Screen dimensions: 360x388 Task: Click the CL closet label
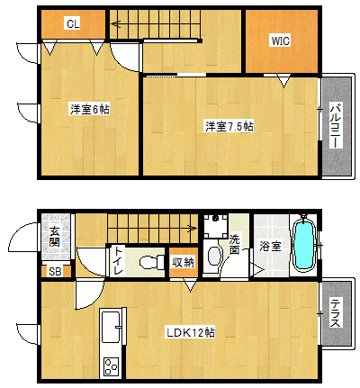coord(73,23)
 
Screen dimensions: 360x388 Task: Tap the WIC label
coord(281,41)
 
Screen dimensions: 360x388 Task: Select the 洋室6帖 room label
coord(90,109)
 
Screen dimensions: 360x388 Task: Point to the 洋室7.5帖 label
coord(229,126)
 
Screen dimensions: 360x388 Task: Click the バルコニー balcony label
coord(337,126)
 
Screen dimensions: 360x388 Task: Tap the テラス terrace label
coord(336,313)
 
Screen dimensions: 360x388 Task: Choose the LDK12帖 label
coord(191,332)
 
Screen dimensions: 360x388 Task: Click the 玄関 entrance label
coord(55,237)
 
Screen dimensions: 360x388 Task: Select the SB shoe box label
coord(55,272)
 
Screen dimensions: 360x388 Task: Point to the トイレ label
coord(118,261)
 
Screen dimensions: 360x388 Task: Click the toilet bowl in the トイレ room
coord(152,262)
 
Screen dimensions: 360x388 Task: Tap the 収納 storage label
coord(183,262)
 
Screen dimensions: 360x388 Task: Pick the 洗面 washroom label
coord(235,245)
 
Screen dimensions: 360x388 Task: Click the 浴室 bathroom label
coord(270,247)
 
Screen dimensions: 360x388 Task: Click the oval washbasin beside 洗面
coord(214,256)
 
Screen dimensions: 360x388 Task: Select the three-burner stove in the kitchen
coord(111,366)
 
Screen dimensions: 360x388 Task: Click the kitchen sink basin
coord(111,327)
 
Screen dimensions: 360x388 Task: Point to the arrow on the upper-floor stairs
coord(118,23)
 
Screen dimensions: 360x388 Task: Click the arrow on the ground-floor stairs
coord(190,229)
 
